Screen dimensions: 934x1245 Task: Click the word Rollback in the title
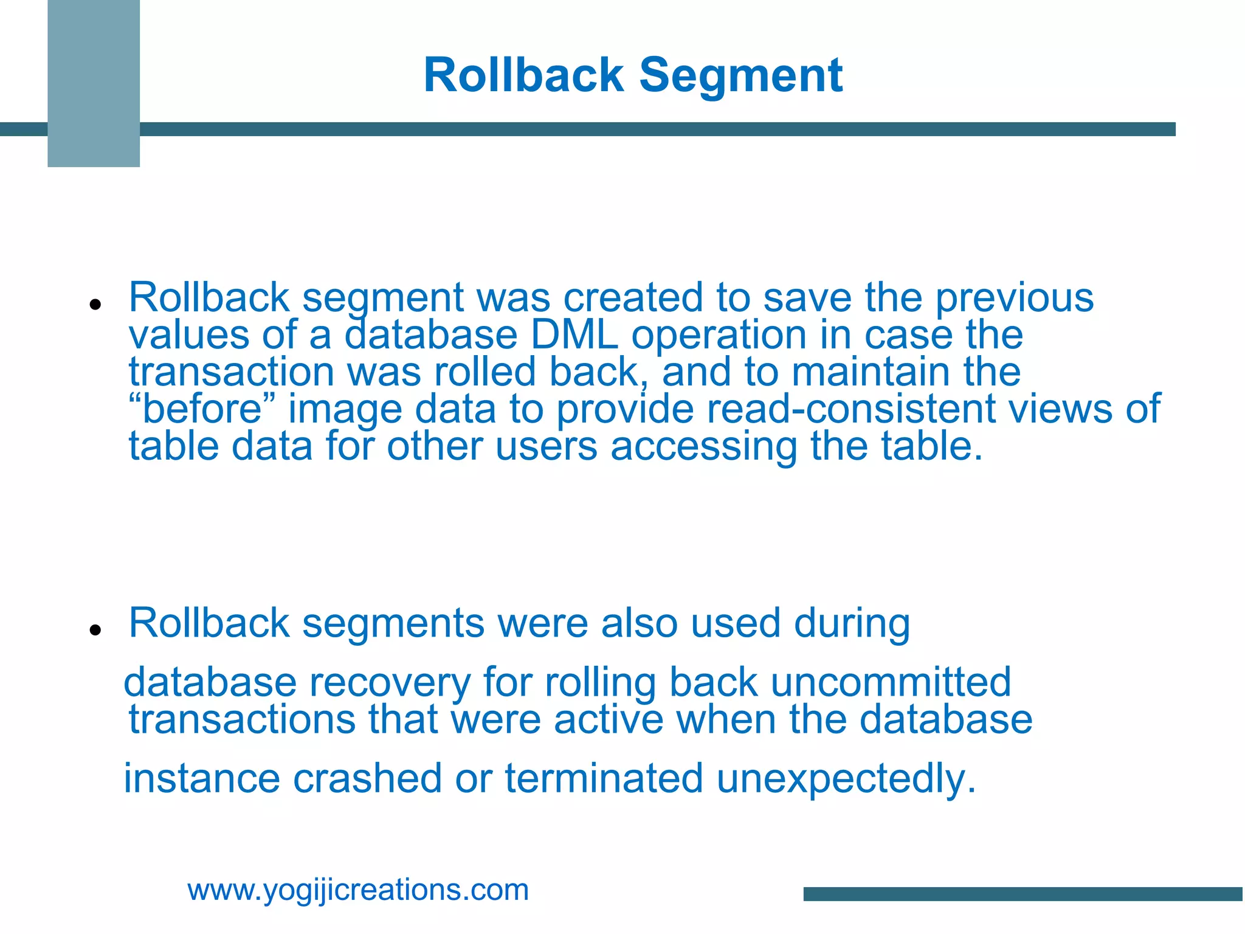pos(523,75)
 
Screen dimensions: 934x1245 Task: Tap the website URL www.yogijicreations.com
pos(358,890)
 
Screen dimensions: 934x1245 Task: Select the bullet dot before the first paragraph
pos(94,304)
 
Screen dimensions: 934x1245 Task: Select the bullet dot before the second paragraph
pos(94,630)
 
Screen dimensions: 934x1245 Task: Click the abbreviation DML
pos(574,335)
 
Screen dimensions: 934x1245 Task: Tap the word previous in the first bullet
pos(1014,298)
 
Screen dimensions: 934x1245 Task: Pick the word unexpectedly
pos(846,779)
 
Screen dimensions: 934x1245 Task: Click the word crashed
pos(367,779)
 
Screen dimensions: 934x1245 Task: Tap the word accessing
pos(703,447)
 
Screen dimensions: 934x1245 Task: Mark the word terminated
pos(604,779)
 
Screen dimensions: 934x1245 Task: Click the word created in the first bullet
pos(633,298)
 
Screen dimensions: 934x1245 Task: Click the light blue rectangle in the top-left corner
pos(94,83)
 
